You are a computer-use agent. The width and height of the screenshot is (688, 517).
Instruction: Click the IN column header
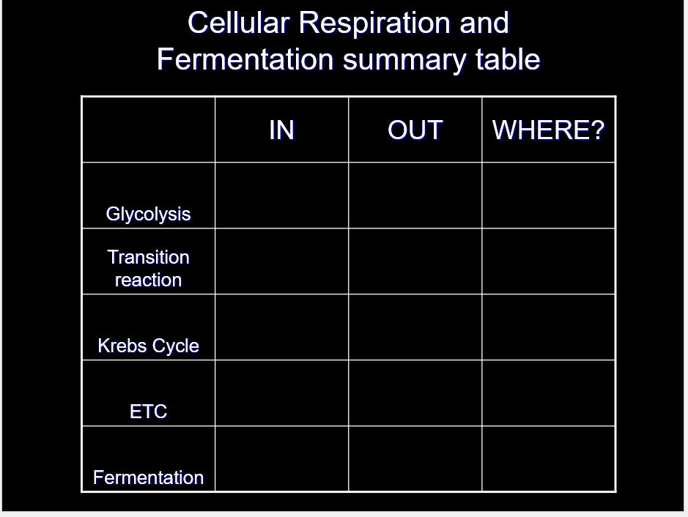[x=281, y=130]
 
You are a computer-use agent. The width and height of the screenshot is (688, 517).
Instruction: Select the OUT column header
[x=415, y=130]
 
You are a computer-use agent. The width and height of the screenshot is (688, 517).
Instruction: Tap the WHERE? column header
[x=549, y=130]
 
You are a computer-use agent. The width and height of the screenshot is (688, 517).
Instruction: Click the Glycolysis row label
[x=148, y=215]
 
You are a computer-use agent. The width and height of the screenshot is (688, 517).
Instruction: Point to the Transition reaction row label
[x=148, y=268]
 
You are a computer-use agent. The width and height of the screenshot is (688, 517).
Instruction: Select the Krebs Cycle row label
[x=148, y=346]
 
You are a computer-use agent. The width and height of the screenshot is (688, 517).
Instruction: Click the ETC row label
[x=148, y=412]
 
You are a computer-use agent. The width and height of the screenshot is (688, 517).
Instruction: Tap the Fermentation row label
[x=148, y=477]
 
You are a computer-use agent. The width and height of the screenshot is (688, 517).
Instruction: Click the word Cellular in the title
[x=239, y=23]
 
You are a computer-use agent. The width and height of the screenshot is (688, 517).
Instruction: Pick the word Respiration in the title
[x=375, y=23]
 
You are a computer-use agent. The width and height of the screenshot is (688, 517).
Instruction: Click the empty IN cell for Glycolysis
[x=281, y=196]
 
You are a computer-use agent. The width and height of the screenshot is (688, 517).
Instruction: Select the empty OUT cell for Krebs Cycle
[x=415, y=327]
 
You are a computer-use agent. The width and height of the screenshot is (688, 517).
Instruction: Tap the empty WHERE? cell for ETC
[x=549, y=393]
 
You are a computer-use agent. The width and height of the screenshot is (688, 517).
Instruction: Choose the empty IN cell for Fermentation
[x=281, y=458]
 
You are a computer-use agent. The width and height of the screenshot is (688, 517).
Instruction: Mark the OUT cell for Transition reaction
[x=415, y=261]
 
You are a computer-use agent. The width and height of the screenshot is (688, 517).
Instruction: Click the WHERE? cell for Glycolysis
[x=549, y=196]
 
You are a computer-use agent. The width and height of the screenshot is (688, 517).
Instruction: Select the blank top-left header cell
[x=148, y=130]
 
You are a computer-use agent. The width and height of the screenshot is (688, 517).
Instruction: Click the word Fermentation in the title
[x=245, y=59]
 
